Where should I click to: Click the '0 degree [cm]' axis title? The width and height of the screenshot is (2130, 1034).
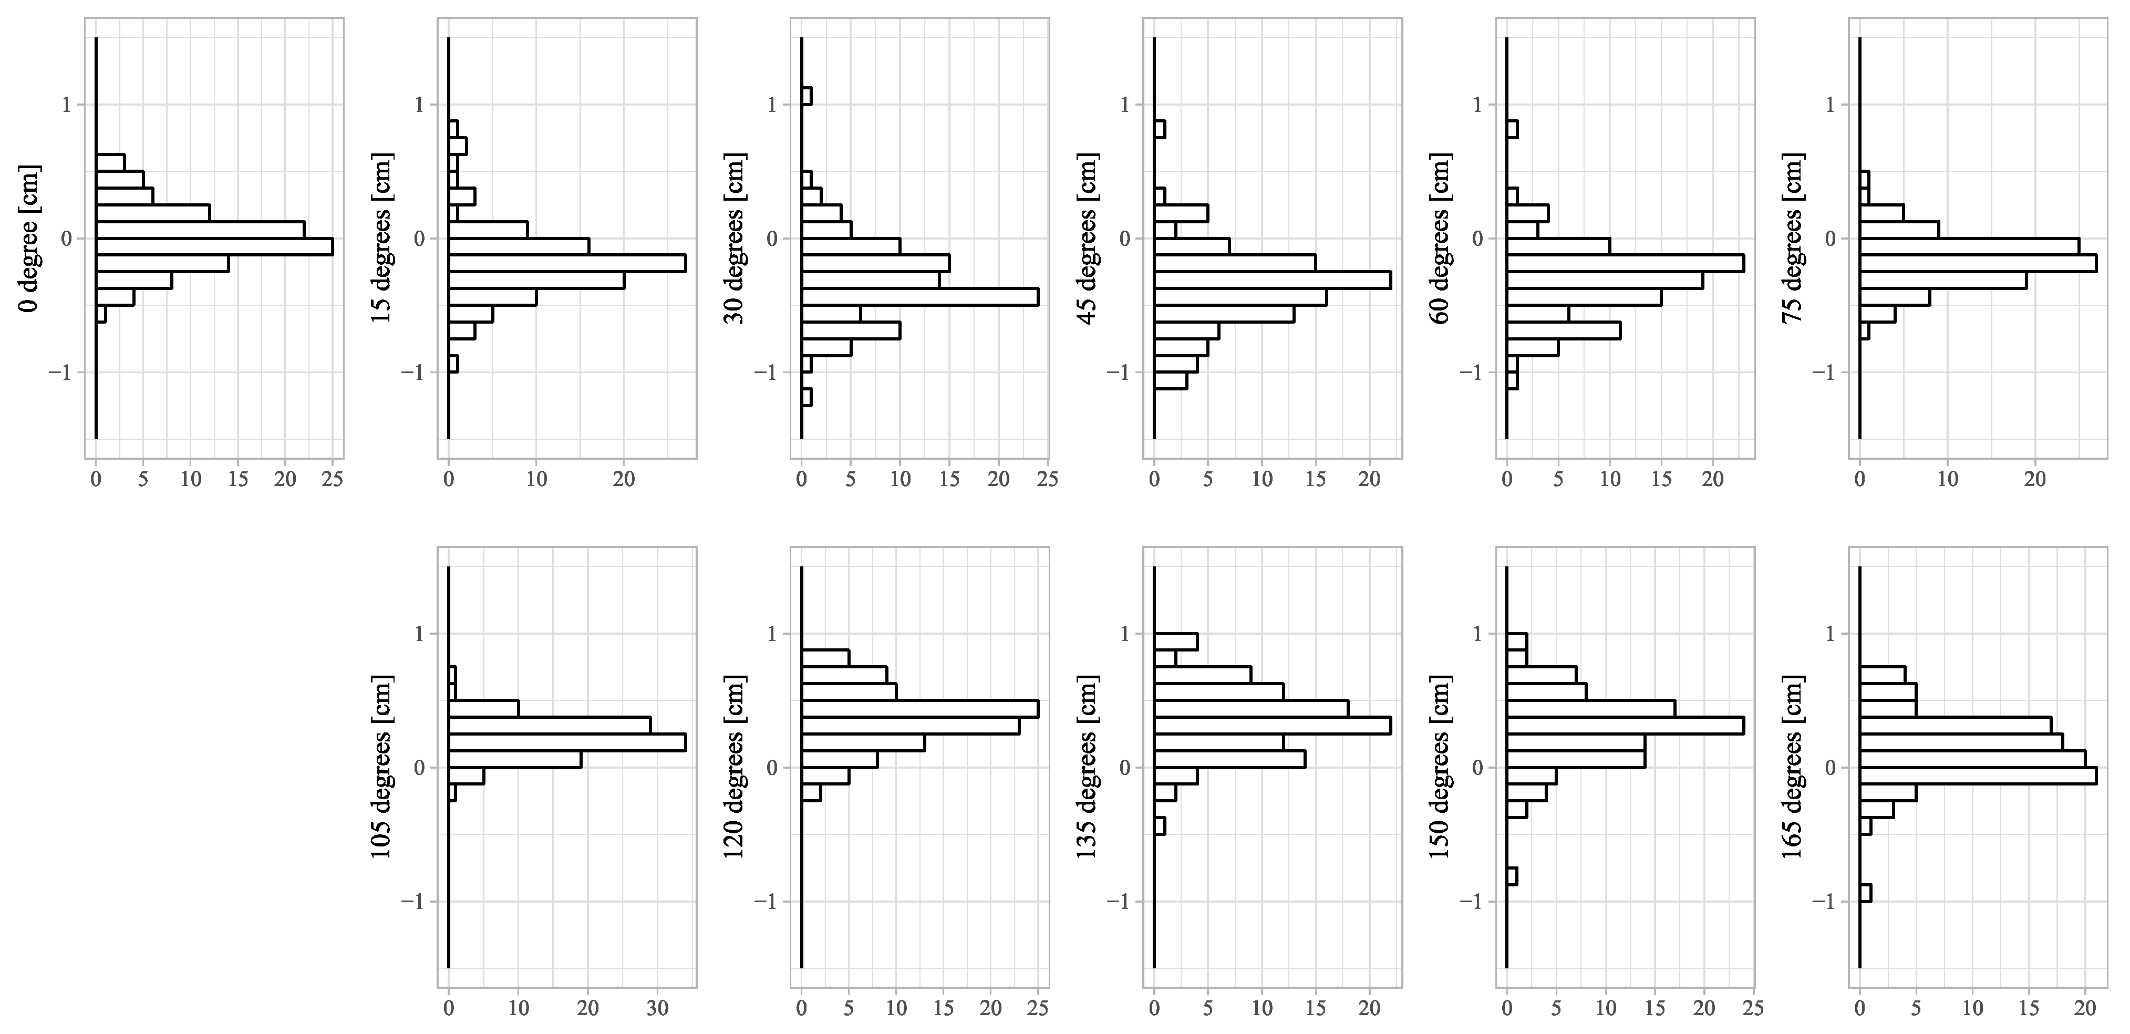pos(30,238)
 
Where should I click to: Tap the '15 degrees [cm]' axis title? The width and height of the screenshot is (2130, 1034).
pos(382,238)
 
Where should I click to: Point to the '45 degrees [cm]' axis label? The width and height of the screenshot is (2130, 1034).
pos(1088,238)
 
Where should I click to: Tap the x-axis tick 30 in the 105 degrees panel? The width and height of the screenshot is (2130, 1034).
pos(657,1008)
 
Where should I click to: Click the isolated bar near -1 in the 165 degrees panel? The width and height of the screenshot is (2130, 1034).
pos(1865,893)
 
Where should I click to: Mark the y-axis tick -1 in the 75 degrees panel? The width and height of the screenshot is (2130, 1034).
pos(1823,373)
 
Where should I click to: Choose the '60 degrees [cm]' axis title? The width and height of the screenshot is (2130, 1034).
pos(1440,238)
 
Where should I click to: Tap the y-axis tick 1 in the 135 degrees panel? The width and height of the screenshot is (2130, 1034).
pos(1124,634)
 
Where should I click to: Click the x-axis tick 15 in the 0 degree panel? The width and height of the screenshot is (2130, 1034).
pos(238,479)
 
